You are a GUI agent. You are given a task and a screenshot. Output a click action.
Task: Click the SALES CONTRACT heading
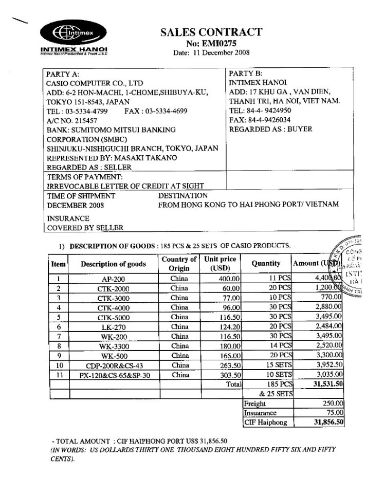point(211,32)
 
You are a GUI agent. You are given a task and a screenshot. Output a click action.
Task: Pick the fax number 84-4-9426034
point(270,120)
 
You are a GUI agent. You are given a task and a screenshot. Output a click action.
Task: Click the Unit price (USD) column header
point(220,264)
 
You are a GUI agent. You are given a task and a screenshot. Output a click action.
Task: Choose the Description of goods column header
point(113,264)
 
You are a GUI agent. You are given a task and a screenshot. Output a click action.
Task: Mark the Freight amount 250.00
point(334,404)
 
